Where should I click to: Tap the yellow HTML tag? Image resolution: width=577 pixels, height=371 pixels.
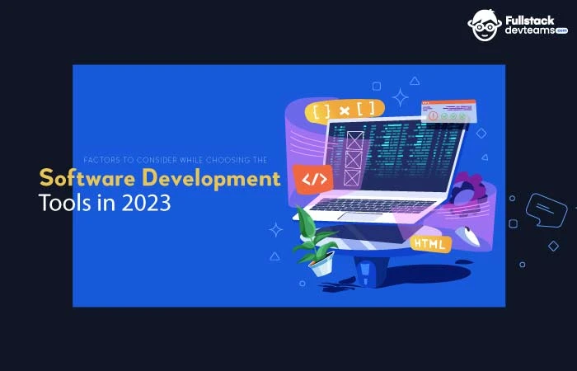pyautogui.click(x=431, y=243)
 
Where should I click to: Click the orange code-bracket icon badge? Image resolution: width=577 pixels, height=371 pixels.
pyautogui.click(x=314, y=180)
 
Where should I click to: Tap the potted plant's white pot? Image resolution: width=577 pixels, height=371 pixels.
pyautogui.click(x=321, y=264)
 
